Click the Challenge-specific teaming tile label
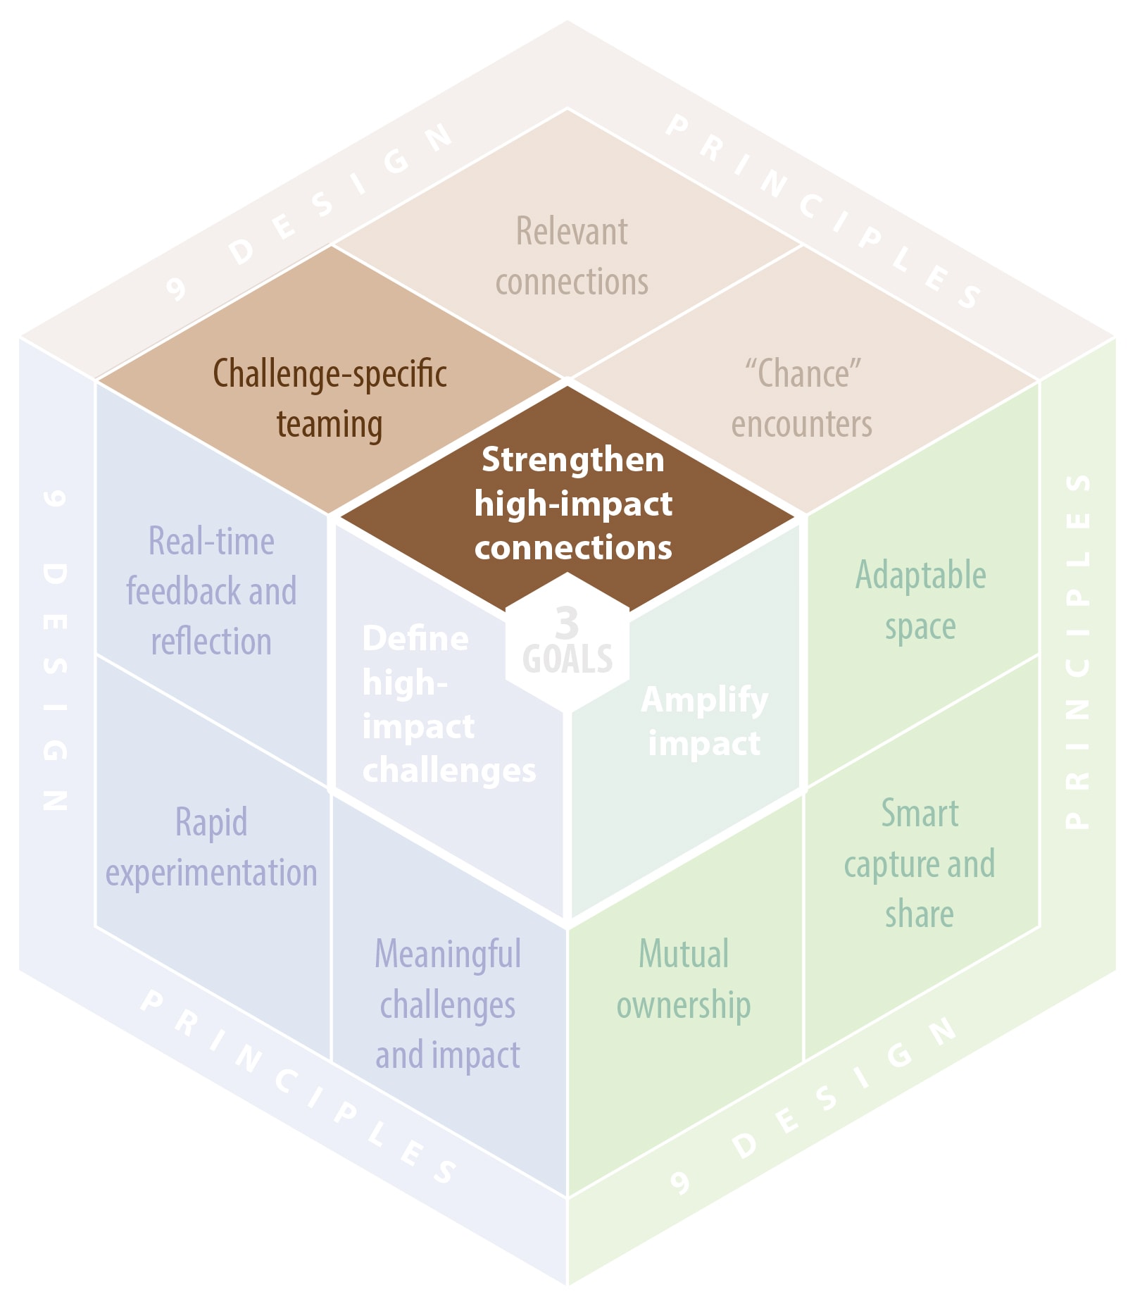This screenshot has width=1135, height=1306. (x=330, y=398)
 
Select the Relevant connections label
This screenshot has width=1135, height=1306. (x=572, y=256)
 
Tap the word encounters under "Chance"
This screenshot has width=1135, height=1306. (x=801, y=425)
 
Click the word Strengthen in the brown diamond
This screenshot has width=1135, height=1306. (x=572, y=460)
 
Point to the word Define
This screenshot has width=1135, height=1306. (x=415, y=639)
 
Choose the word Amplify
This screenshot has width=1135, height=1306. (x=704, y=700)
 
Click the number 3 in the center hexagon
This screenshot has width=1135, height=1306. (x=567, y=622)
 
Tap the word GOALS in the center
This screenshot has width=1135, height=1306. (x=567, y=659)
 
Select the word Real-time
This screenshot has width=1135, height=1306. (x=211, y=542)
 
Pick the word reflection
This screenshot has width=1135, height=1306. (x=211, y=642)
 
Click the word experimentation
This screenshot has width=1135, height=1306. (x=211, y=873)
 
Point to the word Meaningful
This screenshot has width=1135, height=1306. (x=448, y=954)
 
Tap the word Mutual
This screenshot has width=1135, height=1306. (x=683, y=954)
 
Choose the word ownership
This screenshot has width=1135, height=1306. (x=683, y=1005)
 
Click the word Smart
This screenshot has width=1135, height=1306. (x=920, y=814)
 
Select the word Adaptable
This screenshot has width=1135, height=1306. (x=920, y=575)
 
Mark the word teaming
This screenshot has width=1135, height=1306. (x=330, y=424)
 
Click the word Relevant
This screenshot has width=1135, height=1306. (x=572, y=231)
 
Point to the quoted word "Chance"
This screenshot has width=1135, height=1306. (x=803, y=373)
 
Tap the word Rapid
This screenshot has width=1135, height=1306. (x=211, y=822)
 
